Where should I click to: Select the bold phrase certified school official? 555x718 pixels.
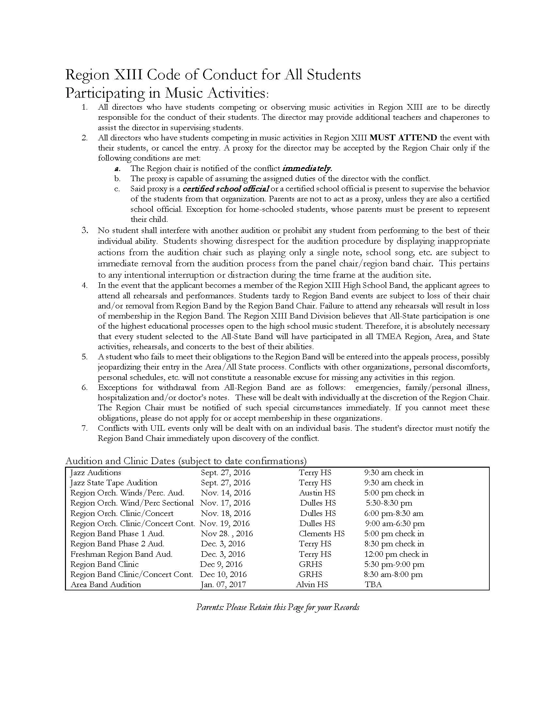point(226,189)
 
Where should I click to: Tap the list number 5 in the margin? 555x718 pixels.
point(85,357)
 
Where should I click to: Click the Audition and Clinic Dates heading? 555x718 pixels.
point(186,461)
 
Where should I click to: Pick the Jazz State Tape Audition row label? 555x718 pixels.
point(114,483)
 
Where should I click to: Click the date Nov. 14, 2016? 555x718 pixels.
point(226,493)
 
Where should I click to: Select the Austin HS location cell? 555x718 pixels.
point(317,493)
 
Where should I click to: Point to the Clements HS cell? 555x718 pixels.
point(322,534)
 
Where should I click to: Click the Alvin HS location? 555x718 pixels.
point(312,585)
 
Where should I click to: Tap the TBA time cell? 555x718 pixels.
point(373,585)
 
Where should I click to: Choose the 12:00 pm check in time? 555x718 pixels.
point(396,554)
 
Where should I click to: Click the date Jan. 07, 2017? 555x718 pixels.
point(223,585)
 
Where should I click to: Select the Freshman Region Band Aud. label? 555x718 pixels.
point(121,554)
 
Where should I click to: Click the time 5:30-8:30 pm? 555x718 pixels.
point(389,503)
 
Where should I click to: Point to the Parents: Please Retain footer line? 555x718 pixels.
point(277,607)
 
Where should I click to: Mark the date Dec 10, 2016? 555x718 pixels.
point(223,574)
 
